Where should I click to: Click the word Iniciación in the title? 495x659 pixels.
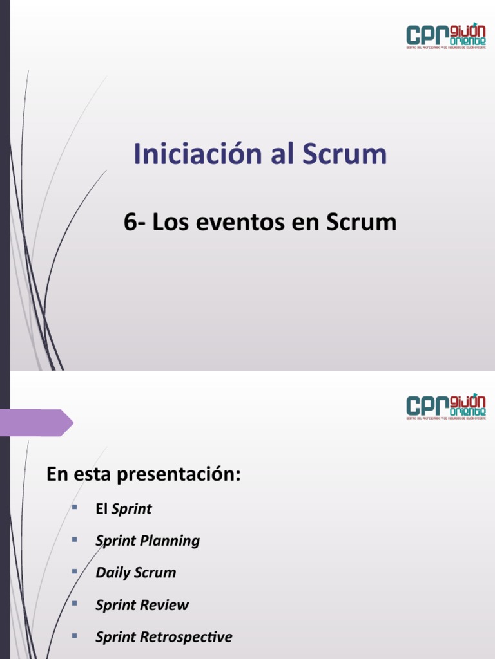pyautogui.click(x=186, y=154)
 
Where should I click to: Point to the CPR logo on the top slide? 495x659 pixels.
pyautogui.click(x=446, y=36)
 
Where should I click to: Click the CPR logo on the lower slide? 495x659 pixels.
pyautogui.click(x=446, y=406)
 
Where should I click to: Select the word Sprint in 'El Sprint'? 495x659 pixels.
pyautogui.click(x=131, y=509)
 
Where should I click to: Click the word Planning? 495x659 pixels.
pyautogui.click(x=171, y=541)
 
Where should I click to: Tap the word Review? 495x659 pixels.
pyautogui.click(x=167, y=605)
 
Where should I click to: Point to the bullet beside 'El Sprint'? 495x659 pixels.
pyautogui.click(x=75, y=508)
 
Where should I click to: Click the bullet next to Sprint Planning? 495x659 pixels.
pyautogui.click(x=75, y=539)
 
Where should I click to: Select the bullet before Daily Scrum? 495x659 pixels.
pyautogui.click(x=75, y=571)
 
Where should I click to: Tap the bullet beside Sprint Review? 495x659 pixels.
pyautogui.click(x=75, y=604)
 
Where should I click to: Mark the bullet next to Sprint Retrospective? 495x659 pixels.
pyautogui.click(x=75, y=636)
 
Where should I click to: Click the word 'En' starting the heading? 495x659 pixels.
pyautogui.click(x=56, y=476)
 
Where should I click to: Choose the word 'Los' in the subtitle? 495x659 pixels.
pyautogui.click(x=170, y=222)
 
